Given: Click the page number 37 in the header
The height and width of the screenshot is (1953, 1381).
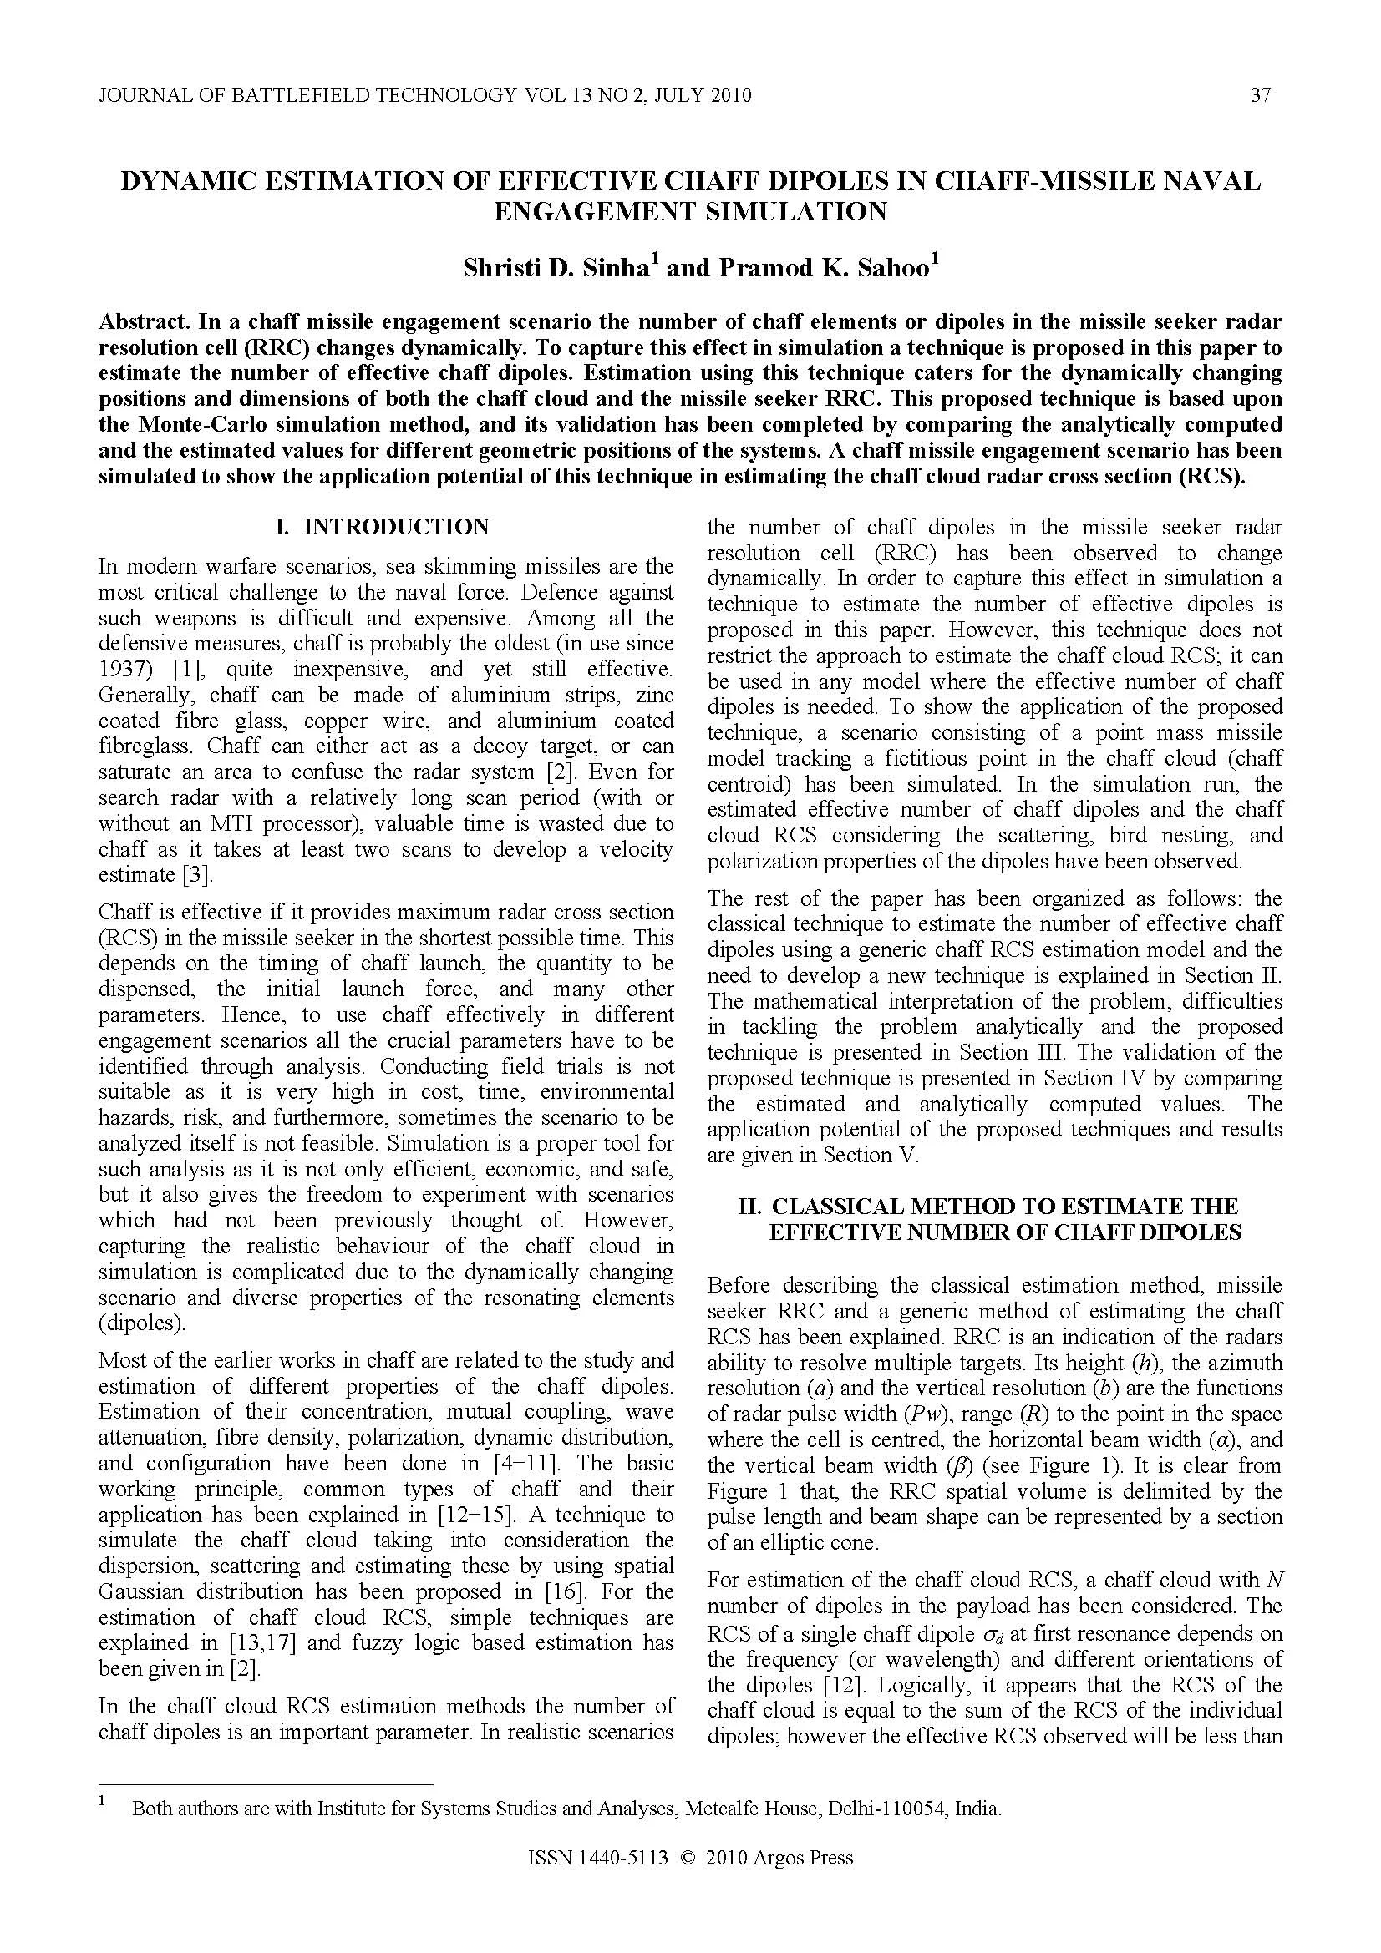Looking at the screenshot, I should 1260,95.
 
